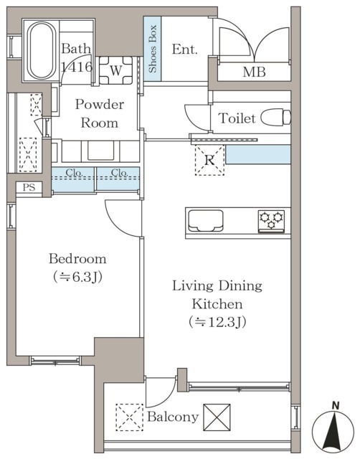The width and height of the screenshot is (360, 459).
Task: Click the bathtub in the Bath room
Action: (42, 50)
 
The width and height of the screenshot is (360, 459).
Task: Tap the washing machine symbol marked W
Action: (115, 70)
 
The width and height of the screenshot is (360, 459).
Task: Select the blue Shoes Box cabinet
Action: (152, 49)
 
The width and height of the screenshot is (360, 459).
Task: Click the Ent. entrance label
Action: (184, 49)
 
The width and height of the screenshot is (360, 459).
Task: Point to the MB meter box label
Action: (254, 72)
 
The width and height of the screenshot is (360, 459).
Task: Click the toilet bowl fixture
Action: (275, 117)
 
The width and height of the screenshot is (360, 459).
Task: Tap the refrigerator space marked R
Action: (209, 160)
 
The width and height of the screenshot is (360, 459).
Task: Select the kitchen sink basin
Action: (206, 220)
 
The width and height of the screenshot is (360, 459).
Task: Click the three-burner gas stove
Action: (271, 222)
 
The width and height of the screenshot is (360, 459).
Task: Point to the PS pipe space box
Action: (29, 187)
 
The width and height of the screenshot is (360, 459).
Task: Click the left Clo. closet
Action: (73, 179)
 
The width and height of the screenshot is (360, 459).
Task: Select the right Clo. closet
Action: (118, 179)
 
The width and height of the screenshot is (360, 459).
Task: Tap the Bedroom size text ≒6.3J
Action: (78, 277)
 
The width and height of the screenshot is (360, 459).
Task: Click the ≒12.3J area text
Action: (217, 322)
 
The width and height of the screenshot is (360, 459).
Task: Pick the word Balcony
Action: (173, 417)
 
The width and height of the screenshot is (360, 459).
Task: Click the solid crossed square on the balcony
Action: (217, 417)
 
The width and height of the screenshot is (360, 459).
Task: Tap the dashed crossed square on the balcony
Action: (129, 417)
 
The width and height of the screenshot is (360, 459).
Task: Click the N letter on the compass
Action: (336, 406)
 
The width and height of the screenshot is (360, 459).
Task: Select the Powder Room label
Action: (100, 113)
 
